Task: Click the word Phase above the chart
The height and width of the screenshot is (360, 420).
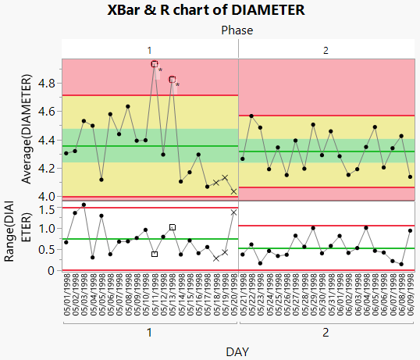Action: click(x=237, y=30)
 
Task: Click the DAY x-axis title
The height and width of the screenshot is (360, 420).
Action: click(x=237, y=352)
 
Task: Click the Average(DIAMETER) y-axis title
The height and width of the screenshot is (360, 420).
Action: click(x=28, y=130)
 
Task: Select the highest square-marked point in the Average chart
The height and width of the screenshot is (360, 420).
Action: click(x=155, y=64)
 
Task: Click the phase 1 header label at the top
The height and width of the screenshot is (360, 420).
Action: click(x=150, y=50)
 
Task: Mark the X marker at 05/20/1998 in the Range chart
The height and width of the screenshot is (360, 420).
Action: click(x=233, y=212)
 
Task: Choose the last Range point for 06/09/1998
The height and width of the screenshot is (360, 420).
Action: click(x=411, y=230)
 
